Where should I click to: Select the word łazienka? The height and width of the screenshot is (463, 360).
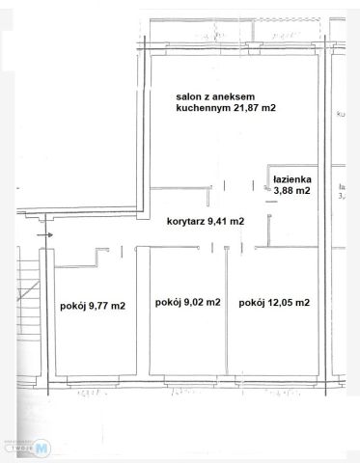pyautogui.click(x=292, y=179)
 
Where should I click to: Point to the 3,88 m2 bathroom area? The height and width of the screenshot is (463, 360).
pyautogui.click(x=292, y=191)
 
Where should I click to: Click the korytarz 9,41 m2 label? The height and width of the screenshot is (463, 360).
pyautogui.click(x=205, y=221)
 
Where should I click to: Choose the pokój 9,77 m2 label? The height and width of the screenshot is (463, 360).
pyautogui.click(x=92, y=307)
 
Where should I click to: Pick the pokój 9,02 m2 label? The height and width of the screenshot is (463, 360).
pyautogui.click(x=187, y=302)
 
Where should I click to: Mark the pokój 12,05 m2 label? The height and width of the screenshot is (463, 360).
pyautogui.click(x=274, y=302)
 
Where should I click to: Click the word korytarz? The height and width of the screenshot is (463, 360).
pyautogui.click(x=184, y=221)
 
